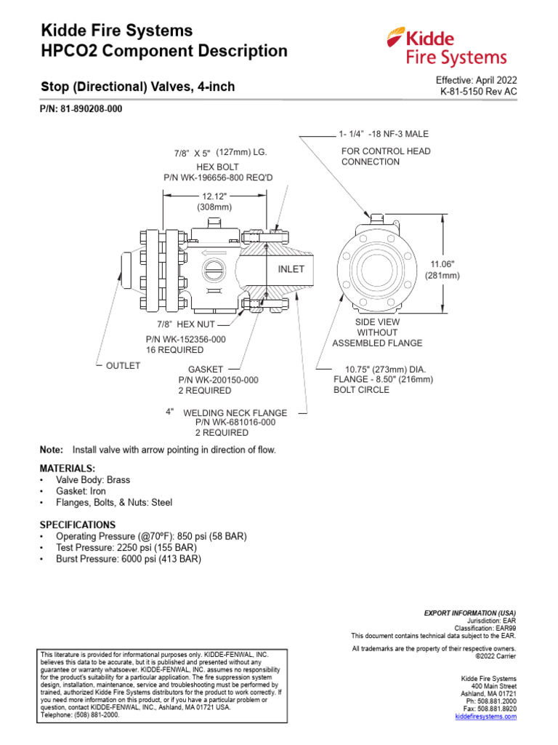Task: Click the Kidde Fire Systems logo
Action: point(446,47)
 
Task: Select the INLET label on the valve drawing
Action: point(291,269)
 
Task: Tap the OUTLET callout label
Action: point(123,366)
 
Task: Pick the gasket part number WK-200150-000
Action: point(218,380)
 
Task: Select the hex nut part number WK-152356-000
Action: point(186,339)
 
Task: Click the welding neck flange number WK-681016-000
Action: point(235,422)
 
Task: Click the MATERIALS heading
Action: point(67,468)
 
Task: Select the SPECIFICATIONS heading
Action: point(77,525)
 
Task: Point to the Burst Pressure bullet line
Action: point(128,559)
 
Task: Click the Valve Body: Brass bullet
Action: point(93,480)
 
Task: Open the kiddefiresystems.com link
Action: point(485,717)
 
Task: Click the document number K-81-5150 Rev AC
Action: point(479,92)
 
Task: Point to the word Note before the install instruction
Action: point(51,450)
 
